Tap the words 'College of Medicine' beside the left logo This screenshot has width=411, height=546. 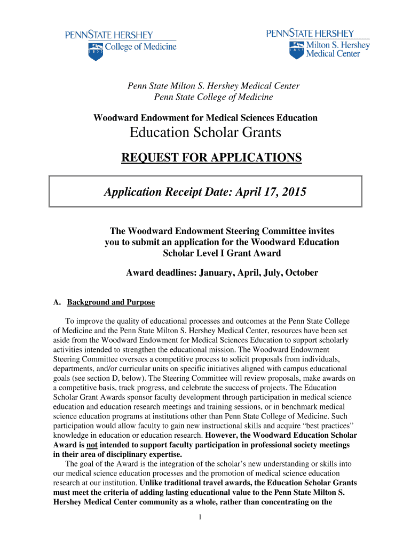pyautogui.click(x=140, y=47)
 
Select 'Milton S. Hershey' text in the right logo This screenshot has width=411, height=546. pyautogui.click(x=337, y=45)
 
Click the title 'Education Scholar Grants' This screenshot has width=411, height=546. pyautogui.click(x=205, y=133)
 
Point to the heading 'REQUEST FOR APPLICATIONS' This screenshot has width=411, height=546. pyautogui.click(x=211, y=158)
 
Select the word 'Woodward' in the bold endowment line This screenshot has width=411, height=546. pyautogui.click(x=114, y=117)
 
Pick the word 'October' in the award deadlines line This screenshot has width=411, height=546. pyautogui.click(x=302, y=272)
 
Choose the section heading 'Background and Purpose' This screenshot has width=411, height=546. pyautogui.click(x=110, y=302)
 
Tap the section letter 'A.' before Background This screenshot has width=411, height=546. pyautogui.click(x=57, y=302)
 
